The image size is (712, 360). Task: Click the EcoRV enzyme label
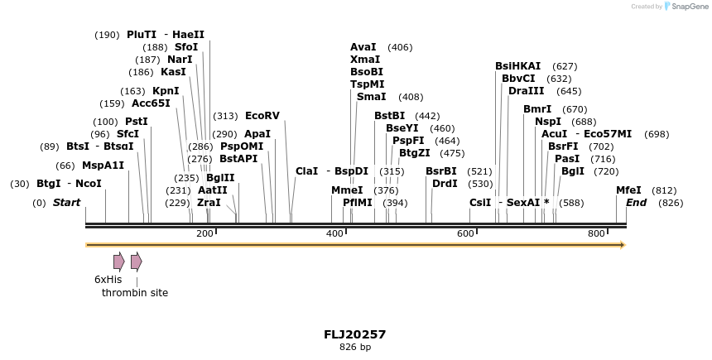[x=262, y=116]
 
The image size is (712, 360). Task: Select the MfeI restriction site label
[x=628, y=190]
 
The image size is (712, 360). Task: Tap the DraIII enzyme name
[x=527, y=91]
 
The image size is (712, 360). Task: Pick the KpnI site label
[x=166, y=91]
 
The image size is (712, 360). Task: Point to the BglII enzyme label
[x=220, y=178]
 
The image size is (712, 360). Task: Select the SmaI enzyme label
[x=372, y=97]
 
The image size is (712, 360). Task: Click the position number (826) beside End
[x=671, y=203]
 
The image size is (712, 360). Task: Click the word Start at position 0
[x=67, y=203]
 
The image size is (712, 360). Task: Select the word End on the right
[x=636, y=203]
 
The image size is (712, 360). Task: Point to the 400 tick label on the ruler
[x=334, y=234]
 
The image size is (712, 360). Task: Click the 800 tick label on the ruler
[x=596, y=234]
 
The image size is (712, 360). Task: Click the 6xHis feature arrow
[x=119, y=262]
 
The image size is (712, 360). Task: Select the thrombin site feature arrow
[x=137, y=262]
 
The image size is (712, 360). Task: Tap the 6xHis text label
[x=108, y=280]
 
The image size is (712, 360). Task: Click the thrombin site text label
[x=135, y=293]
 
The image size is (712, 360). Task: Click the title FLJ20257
[x=354, y=334]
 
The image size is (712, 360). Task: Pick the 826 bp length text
[x=354, y=347]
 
